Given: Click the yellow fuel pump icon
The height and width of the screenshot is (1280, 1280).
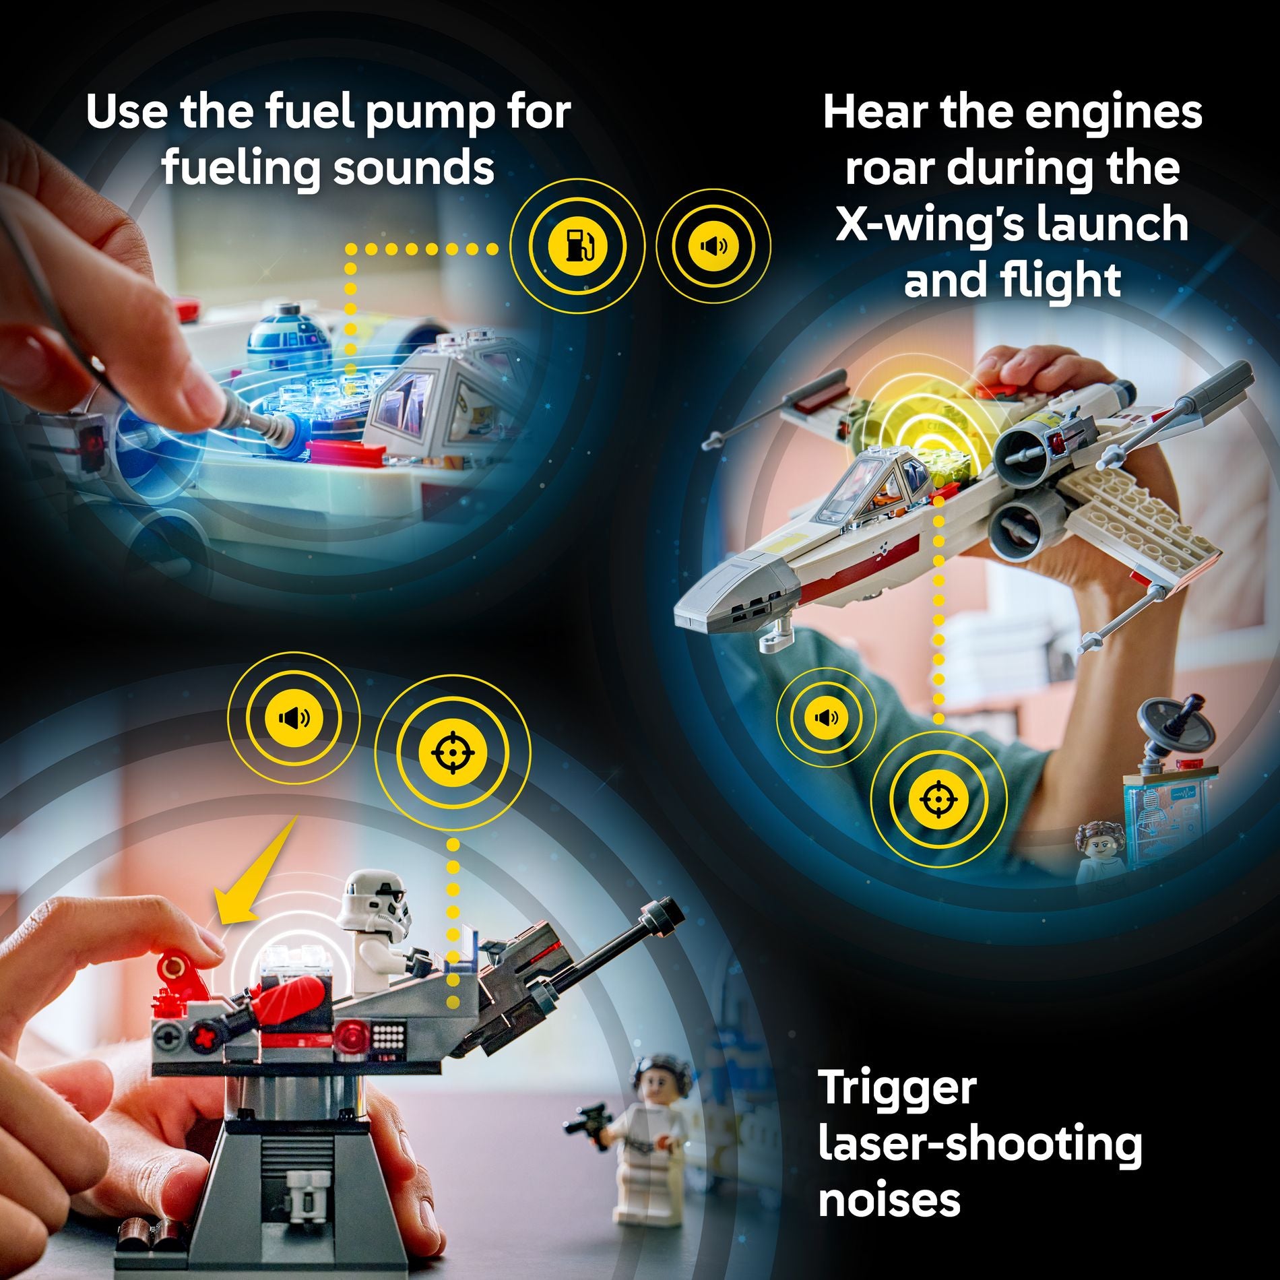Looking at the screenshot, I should (577, 247).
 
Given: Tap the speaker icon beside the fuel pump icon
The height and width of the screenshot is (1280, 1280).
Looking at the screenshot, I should (713, 247).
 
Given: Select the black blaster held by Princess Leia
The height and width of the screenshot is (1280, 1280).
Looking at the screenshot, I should (585, 1121).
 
